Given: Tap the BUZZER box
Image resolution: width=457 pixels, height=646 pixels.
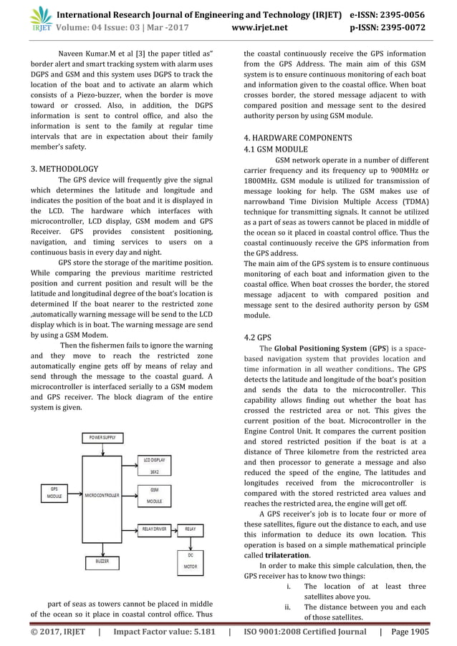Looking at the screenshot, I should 102,562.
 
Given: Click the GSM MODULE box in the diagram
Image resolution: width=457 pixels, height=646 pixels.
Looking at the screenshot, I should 154,496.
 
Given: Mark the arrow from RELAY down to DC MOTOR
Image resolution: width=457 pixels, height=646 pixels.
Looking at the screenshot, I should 190,542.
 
